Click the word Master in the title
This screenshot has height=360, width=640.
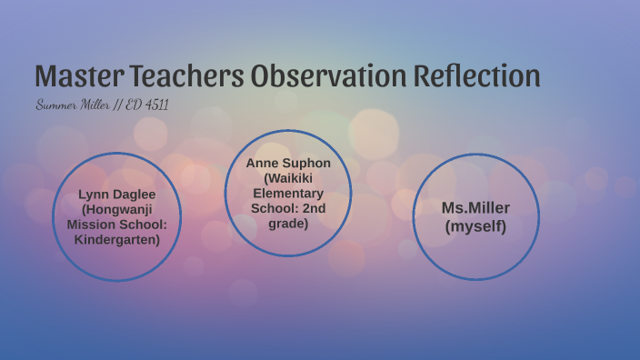[78, 75]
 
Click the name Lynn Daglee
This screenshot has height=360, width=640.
[116, 194]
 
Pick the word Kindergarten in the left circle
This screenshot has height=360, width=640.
[115, 240]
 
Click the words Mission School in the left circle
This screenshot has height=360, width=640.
[116, 225]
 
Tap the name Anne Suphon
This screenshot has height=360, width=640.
[288, 163]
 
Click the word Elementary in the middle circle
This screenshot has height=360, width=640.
[288, 194]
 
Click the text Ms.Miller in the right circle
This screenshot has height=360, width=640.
[475, 207]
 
